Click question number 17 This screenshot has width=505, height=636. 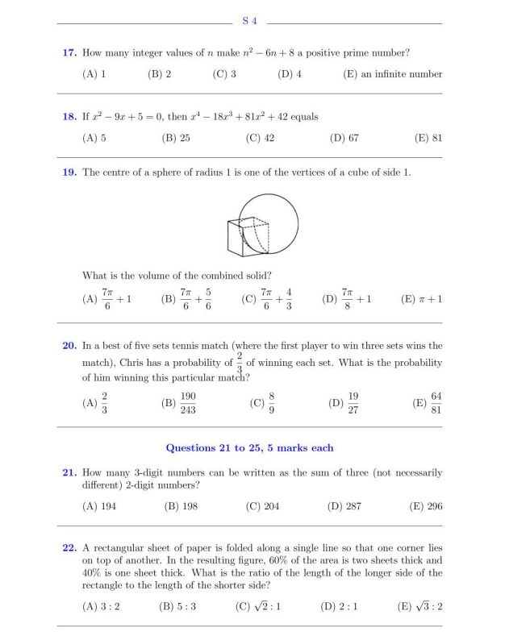pyautogui.click(x=69, y=53)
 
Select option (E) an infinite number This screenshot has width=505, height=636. pyautogui.click(x=392, y=74)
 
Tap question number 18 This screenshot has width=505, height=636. pyautogui.click(x=69, y=117)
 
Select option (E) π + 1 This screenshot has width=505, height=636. pyautogui.click(x=421, y=299)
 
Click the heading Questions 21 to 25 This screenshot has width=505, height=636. pyautogui.click(x=249, y=447)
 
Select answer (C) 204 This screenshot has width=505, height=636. pyautogui.click(x=260, y=506)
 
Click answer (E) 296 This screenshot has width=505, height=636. pyautogui.click(x=427, y=506)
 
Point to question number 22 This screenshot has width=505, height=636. pyautogui.click(x=69, y=548)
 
